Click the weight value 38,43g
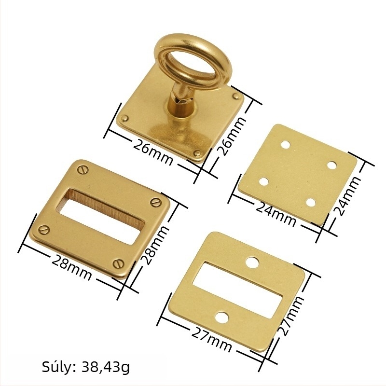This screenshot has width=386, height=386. (x=105, y=367)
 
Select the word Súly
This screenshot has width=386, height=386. (x=58, y=367)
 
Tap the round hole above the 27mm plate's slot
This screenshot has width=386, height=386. (x=252, y=262)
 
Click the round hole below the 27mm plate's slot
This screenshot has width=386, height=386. (x=222, y=318)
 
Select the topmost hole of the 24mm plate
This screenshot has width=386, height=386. (x=286, y=144)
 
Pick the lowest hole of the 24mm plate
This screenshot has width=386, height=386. (x=311, y=203)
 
